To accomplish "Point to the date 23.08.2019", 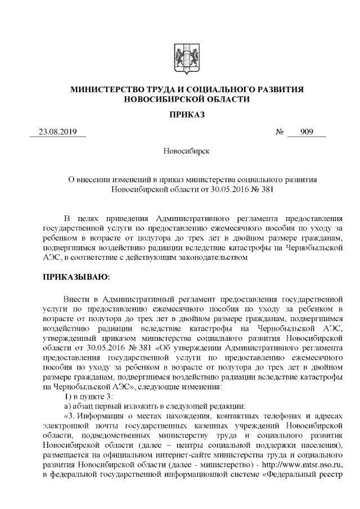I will click(57, 133).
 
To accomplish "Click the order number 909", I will click(306, 133).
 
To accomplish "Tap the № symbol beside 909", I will click(279, 133).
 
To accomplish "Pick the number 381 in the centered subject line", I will click(264, 190).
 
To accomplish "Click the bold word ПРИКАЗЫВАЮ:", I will click(76, 278).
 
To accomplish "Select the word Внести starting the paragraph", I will click(76, 299).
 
